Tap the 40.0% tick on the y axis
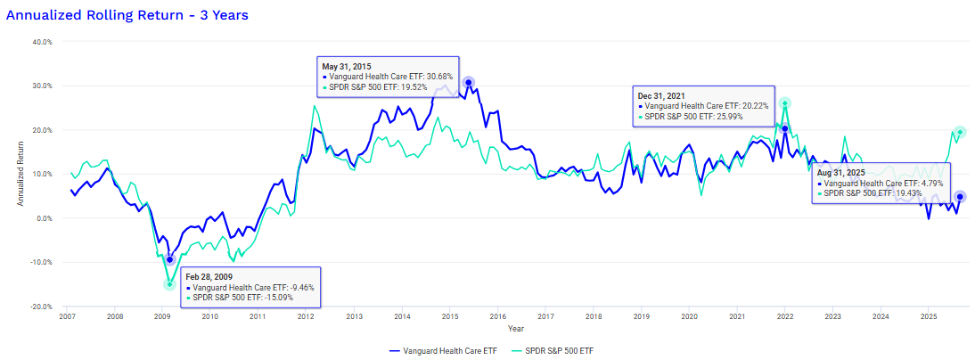coord(41,42)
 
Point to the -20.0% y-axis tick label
coord(40,307)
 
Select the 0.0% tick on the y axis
coord(44,218)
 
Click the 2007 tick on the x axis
coord(67,316)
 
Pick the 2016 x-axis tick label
coord(497,316)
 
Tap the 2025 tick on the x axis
coord(928,316)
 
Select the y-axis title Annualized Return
coord(20,175)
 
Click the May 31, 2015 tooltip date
coord(348,66)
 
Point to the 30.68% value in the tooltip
coord(437,78)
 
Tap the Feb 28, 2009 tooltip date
coord(210,276)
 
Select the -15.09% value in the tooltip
coord(298,299)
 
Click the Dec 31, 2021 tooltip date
coord(662,94)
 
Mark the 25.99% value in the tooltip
coord(750,117)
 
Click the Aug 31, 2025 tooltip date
coord(843,171)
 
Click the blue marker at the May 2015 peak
coord(468,83)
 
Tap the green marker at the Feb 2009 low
coord(169,284)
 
